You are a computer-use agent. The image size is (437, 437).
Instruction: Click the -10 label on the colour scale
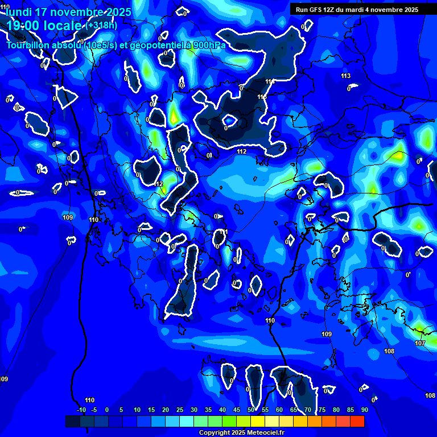tap(81, 410)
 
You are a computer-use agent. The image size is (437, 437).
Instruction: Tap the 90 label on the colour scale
tap(364, 410)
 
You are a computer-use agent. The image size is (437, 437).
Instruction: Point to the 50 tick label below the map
tap(251, 410)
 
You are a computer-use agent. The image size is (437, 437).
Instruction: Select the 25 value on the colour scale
tap(180, 410)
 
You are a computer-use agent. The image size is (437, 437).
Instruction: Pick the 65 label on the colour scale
tap(294, 410)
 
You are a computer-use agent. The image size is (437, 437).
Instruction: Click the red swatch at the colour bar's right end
tap(357, 421)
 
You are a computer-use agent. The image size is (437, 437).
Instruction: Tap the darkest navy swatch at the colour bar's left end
tap(73, 421)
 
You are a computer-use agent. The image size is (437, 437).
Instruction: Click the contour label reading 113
tap(346, 76)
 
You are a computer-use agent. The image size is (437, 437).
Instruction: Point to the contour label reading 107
tap(420, 343)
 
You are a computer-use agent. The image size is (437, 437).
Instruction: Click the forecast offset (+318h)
tap(101, 25)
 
